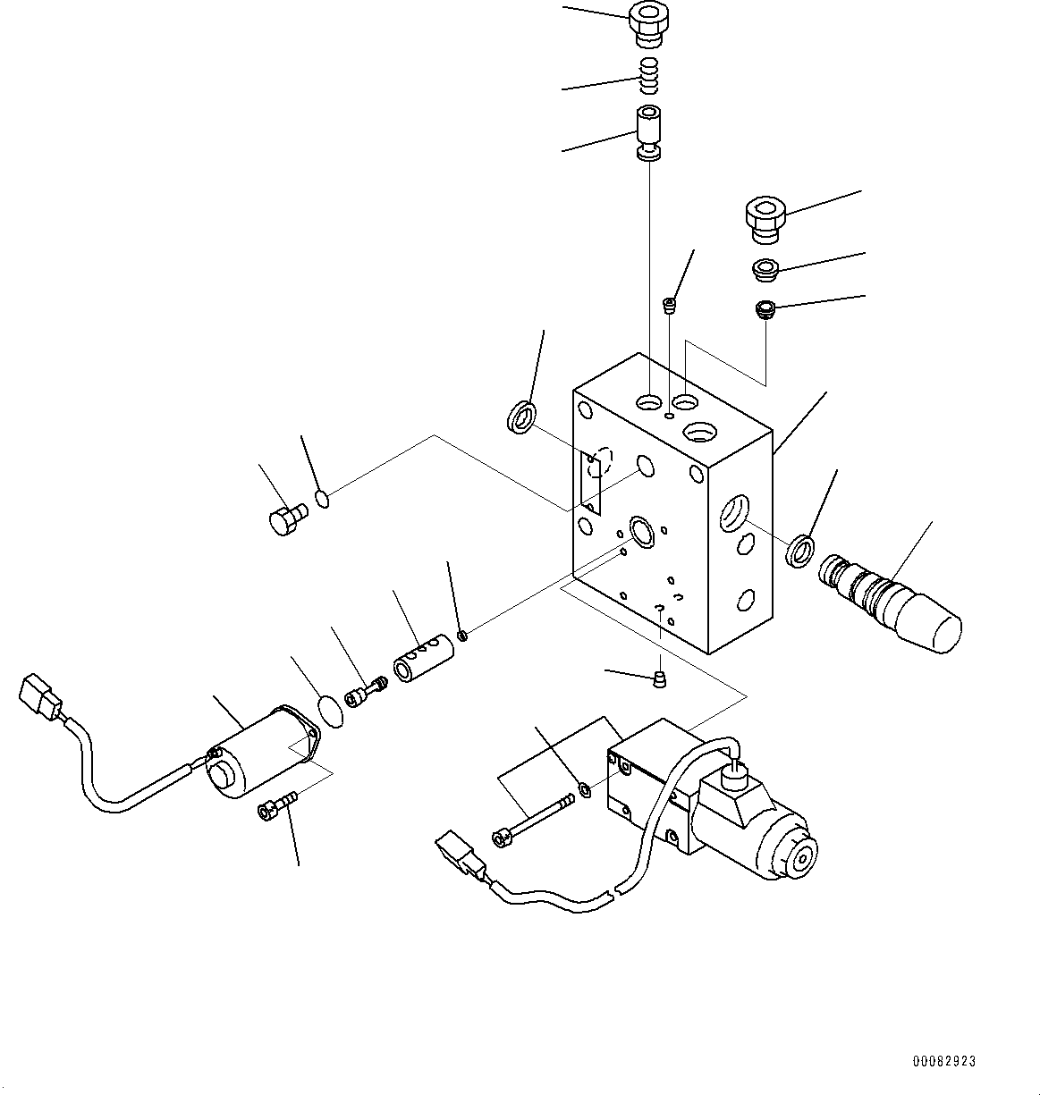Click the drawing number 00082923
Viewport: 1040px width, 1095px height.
(943, 1061)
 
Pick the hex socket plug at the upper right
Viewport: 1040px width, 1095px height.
(765, 220)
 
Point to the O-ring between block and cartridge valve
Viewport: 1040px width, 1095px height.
(799, 550)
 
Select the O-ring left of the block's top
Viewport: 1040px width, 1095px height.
(522, 417)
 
